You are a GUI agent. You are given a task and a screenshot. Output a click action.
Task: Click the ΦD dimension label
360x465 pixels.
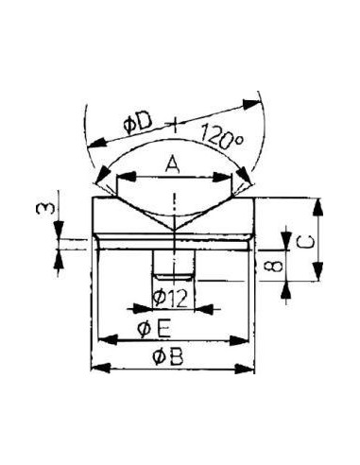pos(138,125)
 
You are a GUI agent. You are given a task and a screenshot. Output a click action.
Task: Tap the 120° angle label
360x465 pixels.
pos(222,137)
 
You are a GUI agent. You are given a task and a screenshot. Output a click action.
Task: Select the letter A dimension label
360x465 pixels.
pos(172,165)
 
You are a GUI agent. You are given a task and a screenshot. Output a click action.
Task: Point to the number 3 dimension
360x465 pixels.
pos(43,209)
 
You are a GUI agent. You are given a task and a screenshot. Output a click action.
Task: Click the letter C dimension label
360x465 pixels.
pos(305,242)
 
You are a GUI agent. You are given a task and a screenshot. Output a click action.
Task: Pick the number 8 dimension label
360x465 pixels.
pos(272,266)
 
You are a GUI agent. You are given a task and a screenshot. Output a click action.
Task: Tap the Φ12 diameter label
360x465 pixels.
pos(170,298)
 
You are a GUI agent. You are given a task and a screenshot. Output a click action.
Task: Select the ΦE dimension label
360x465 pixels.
pos(154,329)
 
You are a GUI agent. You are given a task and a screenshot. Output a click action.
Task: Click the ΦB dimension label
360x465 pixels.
pos(167,357)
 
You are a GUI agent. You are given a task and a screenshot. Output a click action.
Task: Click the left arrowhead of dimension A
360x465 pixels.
pos(126,177)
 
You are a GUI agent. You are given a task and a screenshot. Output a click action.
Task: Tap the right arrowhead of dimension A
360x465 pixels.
pos(223,177)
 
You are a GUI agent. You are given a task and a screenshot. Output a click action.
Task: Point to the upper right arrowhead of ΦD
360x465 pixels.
pos(251,104)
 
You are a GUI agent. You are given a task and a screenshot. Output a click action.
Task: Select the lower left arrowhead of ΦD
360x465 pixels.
pos(96,143)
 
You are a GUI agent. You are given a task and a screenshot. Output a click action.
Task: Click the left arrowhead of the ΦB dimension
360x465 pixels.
pos(101,368)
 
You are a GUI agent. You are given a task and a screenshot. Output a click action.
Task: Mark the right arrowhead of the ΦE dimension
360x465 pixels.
pos(239,340)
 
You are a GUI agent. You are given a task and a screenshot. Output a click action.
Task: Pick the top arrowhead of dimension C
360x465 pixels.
pos(318,207)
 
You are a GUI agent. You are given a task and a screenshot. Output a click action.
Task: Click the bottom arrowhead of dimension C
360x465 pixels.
pos(318,271)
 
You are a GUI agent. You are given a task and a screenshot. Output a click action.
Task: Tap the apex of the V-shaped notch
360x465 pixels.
pos(174,231)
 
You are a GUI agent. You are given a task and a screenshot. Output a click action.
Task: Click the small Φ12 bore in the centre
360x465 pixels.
pos(174,265)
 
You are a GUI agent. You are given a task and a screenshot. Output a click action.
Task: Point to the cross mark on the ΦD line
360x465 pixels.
pos(174,123)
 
